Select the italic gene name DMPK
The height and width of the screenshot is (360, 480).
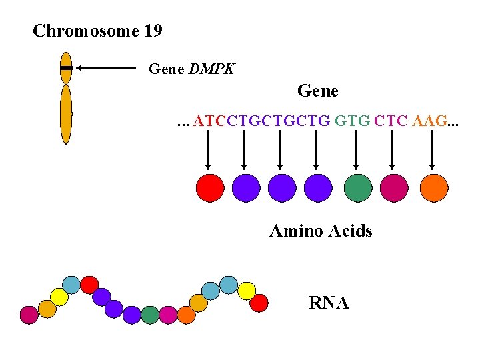211,69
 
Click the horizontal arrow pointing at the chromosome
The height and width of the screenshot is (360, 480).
106,68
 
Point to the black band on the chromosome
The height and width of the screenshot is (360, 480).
65,68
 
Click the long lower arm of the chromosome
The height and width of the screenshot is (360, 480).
65,114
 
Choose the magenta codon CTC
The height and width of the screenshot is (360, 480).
391,121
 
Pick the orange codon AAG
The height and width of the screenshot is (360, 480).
431,121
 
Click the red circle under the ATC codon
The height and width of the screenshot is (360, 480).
210,187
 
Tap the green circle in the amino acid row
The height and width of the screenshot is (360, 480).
358,187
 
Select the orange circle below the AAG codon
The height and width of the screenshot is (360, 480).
435,187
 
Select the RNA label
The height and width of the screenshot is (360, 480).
329,303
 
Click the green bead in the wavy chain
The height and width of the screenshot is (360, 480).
150,314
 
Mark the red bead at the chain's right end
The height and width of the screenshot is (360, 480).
259,303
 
